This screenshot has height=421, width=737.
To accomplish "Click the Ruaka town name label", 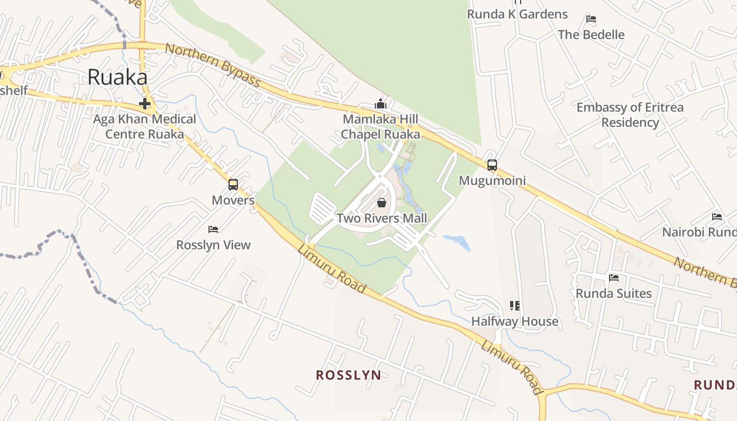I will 117,77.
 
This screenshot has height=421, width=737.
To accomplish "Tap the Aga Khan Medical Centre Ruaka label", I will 144,126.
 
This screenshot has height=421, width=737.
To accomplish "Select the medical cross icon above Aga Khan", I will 144,103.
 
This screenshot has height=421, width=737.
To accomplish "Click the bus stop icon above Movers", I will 233,185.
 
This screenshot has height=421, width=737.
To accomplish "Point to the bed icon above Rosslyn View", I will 213,229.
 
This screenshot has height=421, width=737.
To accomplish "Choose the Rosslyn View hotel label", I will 213,245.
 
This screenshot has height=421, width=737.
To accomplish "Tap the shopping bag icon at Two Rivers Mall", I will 382,203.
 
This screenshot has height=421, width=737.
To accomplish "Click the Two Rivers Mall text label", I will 382,218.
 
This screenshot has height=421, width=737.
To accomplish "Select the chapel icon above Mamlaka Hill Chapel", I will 381,104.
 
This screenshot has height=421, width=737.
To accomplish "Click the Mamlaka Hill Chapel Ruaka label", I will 381,127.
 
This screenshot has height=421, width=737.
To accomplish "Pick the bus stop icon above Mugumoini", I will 492,165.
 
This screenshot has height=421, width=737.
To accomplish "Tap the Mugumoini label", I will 492,181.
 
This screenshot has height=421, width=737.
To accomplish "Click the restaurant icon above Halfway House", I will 515,305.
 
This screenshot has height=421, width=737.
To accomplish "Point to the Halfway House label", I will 515,321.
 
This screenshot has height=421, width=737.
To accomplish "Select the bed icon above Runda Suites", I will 614,277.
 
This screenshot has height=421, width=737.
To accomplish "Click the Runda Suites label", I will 614,293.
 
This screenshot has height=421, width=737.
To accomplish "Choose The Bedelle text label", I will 591,35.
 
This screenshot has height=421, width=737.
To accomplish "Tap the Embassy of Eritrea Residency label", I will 630,115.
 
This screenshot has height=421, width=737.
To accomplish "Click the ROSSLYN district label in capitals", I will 348,375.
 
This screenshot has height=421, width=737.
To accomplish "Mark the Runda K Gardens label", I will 517,14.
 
